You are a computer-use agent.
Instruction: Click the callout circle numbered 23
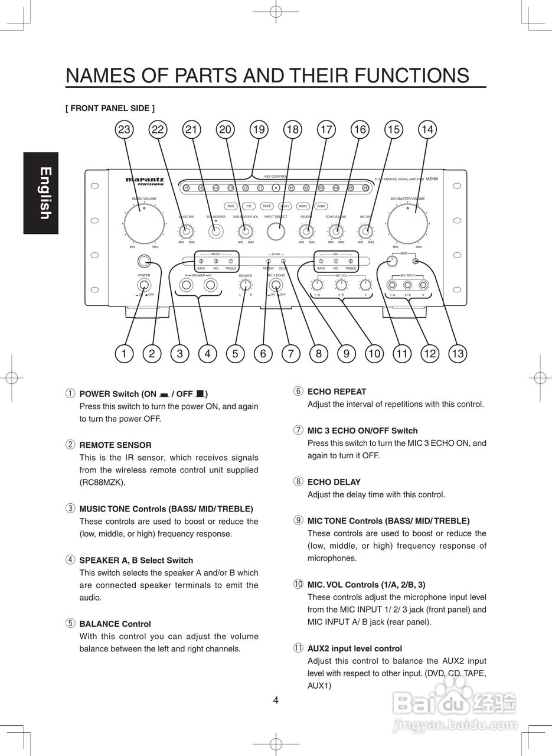coord(124,129)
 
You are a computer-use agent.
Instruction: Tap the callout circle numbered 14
coord(427,129)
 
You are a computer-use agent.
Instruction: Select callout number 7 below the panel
coord(290,354)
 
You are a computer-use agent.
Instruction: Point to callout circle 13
coord(457,354)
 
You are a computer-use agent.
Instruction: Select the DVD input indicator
coord(231,206)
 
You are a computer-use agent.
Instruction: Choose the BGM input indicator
coord(321,206)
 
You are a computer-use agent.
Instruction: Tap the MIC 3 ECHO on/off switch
coord(275,285)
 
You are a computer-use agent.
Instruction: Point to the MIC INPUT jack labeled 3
coord(423,285)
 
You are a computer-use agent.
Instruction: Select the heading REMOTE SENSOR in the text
coord(115,445)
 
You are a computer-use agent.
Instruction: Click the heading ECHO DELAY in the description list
coord(334,482)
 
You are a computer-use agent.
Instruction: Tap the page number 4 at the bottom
coord(276,701)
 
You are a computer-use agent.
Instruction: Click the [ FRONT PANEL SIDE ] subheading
coord(110,108)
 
